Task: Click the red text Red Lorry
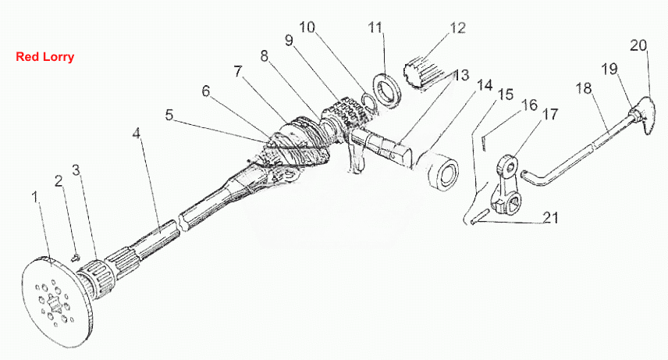click(x=44, y=57)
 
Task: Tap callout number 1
click(x=35, y=197)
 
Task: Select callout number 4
click(x=136, y=134)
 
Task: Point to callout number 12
click(x=458, y=28)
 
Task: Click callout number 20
click(x=638, y=45)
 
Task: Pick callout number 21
click(x=550, y=218)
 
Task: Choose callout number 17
click(x=550, y=114)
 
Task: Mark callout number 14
click(x=485, y=85)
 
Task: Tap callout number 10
click(x=307, y=27)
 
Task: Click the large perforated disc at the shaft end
click(x=55, y=298)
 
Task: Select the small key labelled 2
click(x=76, y=257)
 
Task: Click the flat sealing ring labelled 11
click(x=387, y=91)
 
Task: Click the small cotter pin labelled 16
click(x=485, y=142)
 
